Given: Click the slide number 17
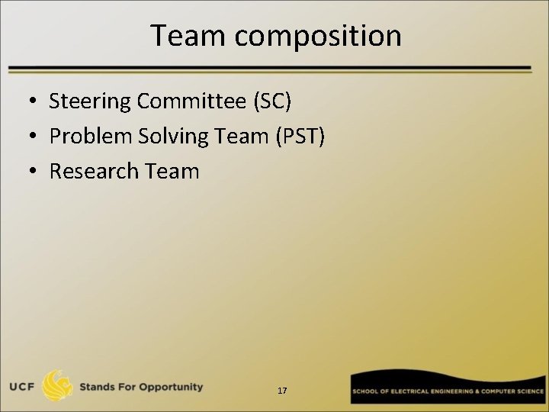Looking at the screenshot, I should click(282, 391).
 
